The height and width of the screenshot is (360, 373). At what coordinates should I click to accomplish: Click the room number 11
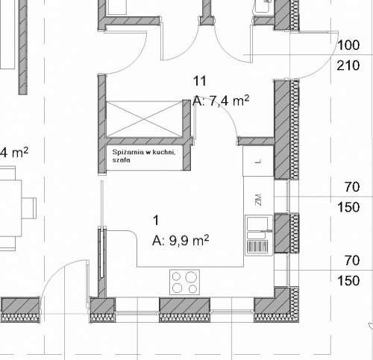click(198, 81)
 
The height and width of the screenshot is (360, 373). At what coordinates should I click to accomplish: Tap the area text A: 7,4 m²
click(220, 101)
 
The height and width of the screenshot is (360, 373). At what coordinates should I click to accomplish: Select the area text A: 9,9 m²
click(180, 240)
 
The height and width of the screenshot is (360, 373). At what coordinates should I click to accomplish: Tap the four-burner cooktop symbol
click(186, 282)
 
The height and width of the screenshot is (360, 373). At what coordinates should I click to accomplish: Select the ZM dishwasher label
click(258, 199)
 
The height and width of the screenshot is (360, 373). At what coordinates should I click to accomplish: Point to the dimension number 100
click(348, 45)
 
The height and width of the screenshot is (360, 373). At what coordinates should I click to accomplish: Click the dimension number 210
click(348, 67)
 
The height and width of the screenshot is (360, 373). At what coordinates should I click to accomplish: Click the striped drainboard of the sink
click(257, 245)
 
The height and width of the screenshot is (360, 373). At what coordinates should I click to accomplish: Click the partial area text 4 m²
click(14, 153)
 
